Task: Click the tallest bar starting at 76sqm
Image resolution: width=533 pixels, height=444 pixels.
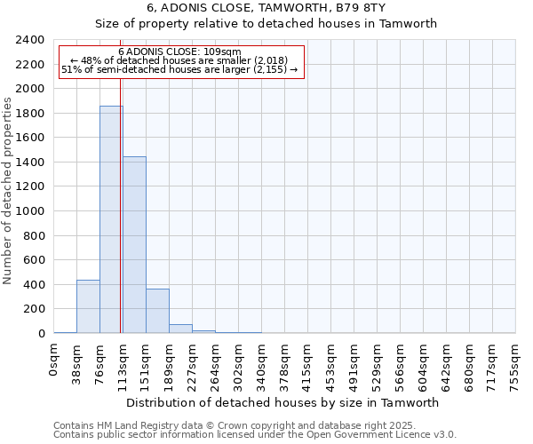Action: click(x=111, y=219)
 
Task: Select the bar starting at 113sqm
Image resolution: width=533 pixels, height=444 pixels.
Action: click(x=134, y=245)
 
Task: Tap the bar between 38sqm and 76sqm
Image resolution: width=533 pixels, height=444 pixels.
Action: click(x=88, y=306)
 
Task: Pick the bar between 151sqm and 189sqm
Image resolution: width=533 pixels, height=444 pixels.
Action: click(x=157, y=311)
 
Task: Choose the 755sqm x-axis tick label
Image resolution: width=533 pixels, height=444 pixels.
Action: click(x=516, y=361)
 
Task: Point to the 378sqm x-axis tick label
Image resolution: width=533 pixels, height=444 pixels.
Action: click(x=285, y=361)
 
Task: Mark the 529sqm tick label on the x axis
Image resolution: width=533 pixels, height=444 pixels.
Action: click(x=378, y=361)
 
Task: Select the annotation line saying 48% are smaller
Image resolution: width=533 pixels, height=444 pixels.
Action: click(x=180, y=60)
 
